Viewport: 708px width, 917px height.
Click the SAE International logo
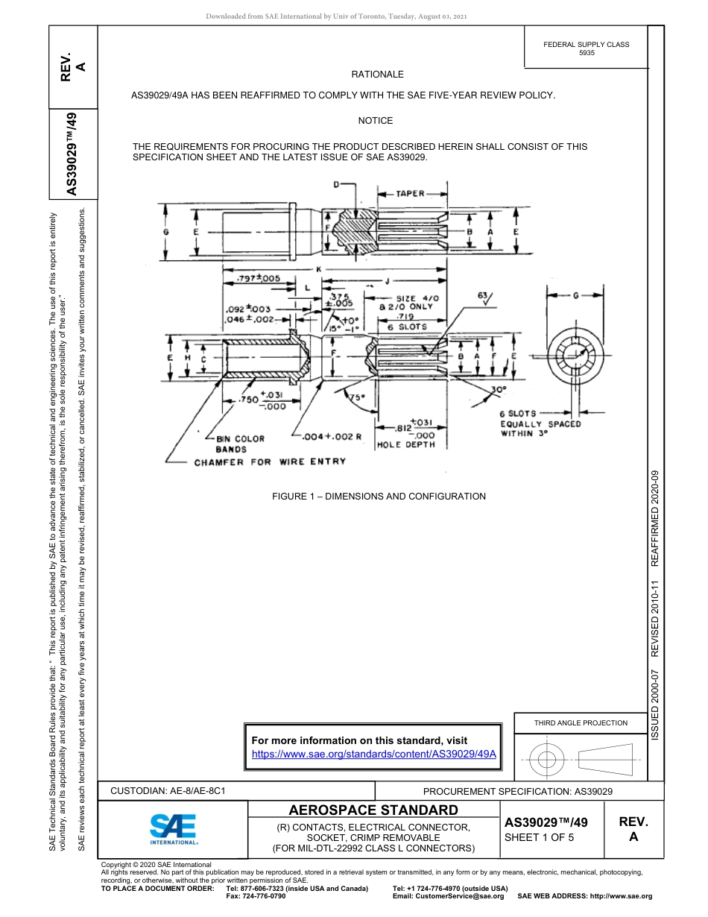pyautogui.click(x=174, y=828)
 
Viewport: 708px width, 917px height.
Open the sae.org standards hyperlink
pyautogui.click(x=374, y=754)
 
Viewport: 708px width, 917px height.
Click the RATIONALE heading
pyautogui.click(x=377, y=75)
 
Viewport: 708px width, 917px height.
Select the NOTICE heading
pyautogui.click(x=375, y=121)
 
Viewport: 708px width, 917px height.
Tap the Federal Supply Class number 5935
pyautogui.click(x=587, y=54)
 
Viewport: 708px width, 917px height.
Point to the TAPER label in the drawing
pyautogui.click(x=410, y=194)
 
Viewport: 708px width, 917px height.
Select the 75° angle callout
pyautogui.click(x=358, y=397)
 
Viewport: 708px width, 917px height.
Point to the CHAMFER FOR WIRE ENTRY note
pyautogui.click(x=270, y=462)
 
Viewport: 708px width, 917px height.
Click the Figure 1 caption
pyautogui.click(x=379, y=497)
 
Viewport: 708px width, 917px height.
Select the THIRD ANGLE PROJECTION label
pyautogui.click(x=581, y=722)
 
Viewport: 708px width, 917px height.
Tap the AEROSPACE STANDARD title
pyautogui.click(x=373, y=810)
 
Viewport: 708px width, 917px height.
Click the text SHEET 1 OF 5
pyautogui.click(x=540, y=837)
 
